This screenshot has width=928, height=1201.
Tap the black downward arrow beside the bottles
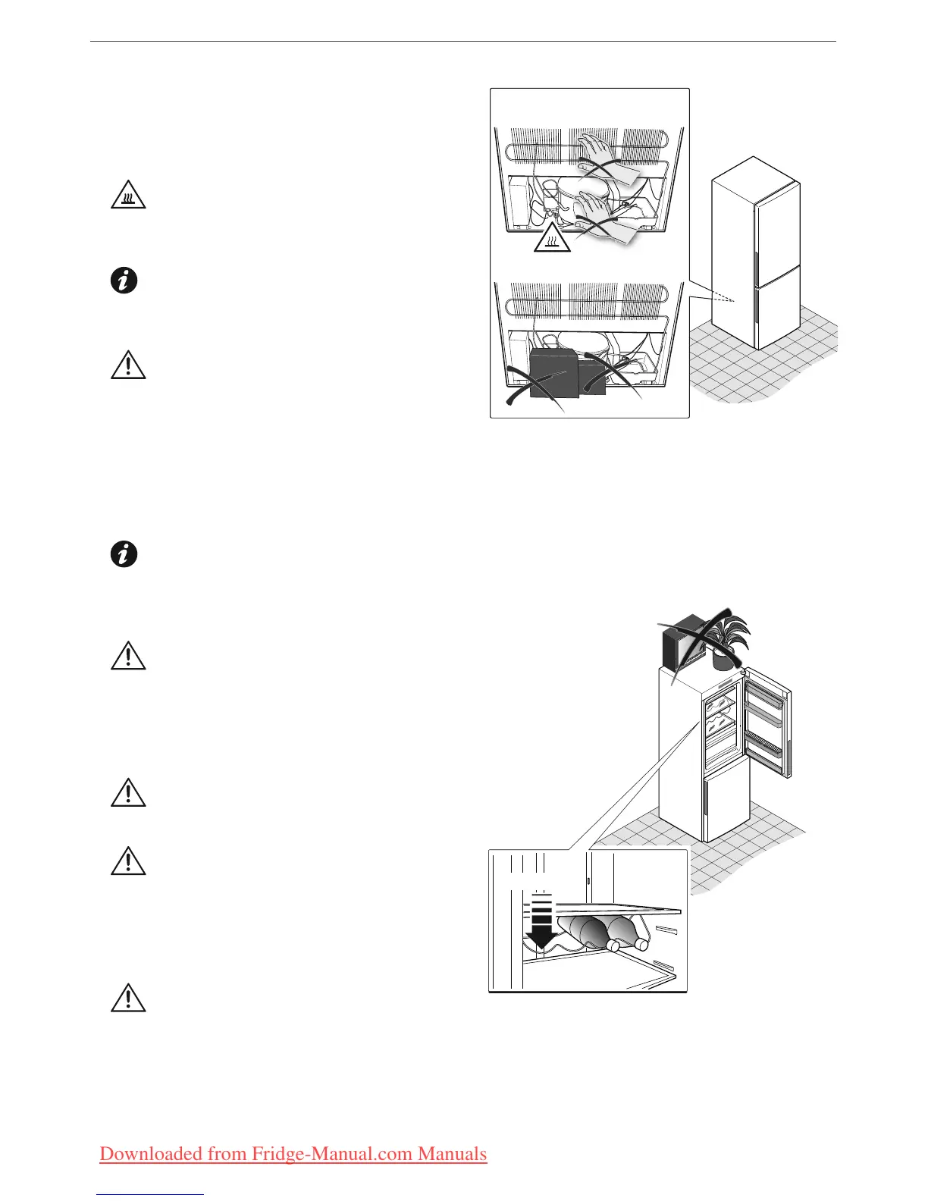(541, 921)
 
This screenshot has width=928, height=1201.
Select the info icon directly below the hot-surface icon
(124, 281)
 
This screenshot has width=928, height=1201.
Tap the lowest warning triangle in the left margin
(128, 999)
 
